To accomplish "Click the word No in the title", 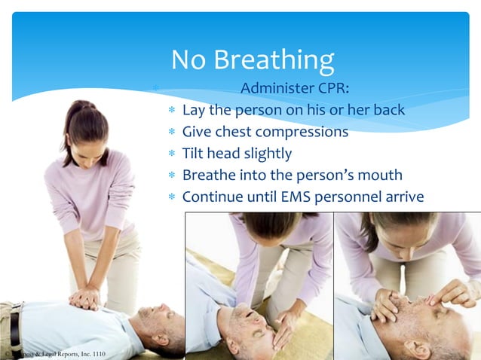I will tap(190, 59).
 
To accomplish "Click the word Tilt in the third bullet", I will tap(193, 154).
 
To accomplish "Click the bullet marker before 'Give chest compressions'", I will tap(172, 133).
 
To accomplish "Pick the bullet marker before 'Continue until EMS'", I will tap(172, 197).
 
